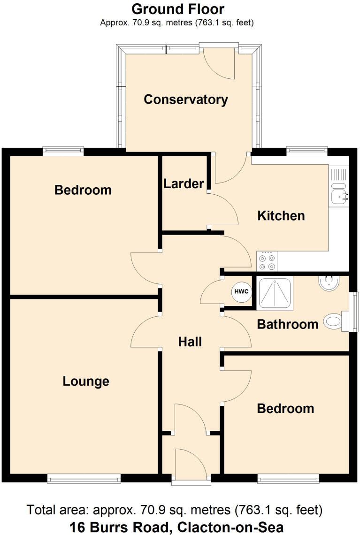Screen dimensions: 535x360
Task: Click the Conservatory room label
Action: coord(185,99)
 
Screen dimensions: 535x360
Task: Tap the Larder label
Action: coord(184,184)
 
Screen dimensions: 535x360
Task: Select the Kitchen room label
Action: coord(281,216)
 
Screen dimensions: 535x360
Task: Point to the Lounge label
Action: coord(86,382)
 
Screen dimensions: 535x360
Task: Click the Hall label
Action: coord(190,342)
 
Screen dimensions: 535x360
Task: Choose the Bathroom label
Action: coord(288,324)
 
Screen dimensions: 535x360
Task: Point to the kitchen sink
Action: coord(339,196)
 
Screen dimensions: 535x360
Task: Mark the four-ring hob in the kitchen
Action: coord(267,261)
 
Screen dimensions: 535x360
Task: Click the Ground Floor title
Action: coord(177,9)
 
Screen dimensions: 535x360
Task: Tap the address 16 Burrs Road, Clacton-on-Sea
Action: coord(176,527)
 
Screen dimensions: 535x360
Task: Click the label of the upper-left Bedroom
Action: coord(83,190)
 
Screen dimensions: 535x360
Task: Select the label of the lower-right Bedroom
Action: coord(285,408)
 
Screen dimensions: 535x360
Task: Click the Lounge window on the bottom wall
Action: coord(84,479)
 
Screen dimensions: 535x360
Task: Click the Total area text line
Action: coord(175,510)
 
